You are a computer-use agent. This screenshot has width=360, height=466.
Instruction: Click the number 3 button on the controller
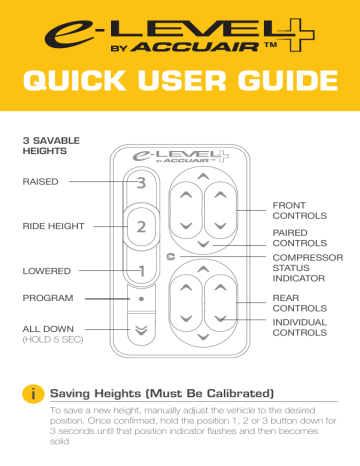(x=141, y=183)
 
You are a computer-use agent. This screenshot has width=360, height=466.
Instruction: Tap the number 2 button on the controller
(x=141, y=227)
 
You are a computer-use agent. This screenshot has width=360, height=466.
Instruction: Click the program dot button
(x=141, y=299)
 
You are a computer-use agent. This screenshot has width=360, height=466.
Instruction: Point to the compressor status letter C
(x=171, y=257)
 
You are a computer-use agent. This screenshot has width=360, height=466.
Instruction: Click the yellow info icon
(x=33, y=394)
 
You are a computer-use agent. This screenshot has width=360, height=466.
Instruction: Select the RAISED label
(x=40, y=182)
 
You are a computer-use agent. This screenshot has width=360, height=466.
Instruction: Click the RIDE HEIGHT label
(x=53, y=226)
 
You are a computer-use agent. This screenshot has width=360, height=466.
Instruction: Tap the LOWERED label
(x=47, y=271)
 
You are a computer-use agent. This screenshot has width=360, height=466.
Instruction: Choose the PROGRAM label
(x=48, y=298)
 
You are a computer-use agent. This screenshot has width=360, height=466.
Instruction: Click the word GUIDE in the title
(x=288, y=81)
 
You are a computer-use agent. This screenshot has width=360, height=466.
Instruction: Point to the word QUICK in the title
(x=75, y=81)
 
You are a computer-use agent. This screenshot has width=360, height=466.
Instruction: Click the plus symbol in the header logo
(x=297, y=34)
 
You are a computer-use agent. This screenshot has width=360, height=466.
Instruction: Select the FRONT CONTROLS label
(x=300, y=211)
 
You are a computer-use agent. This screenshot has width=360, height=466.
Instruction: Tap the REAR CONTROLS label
(x=300, y=303)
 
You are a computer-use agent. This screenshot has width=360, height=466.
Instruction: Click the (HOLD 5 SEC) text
(x=53, y=340)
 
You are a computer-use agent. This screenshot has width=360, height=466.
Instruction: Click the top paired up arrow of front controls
(x=203, y=177)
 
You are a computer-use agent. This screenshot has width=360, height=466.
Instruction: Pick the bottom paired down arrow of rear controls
(x=203, y=337)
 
